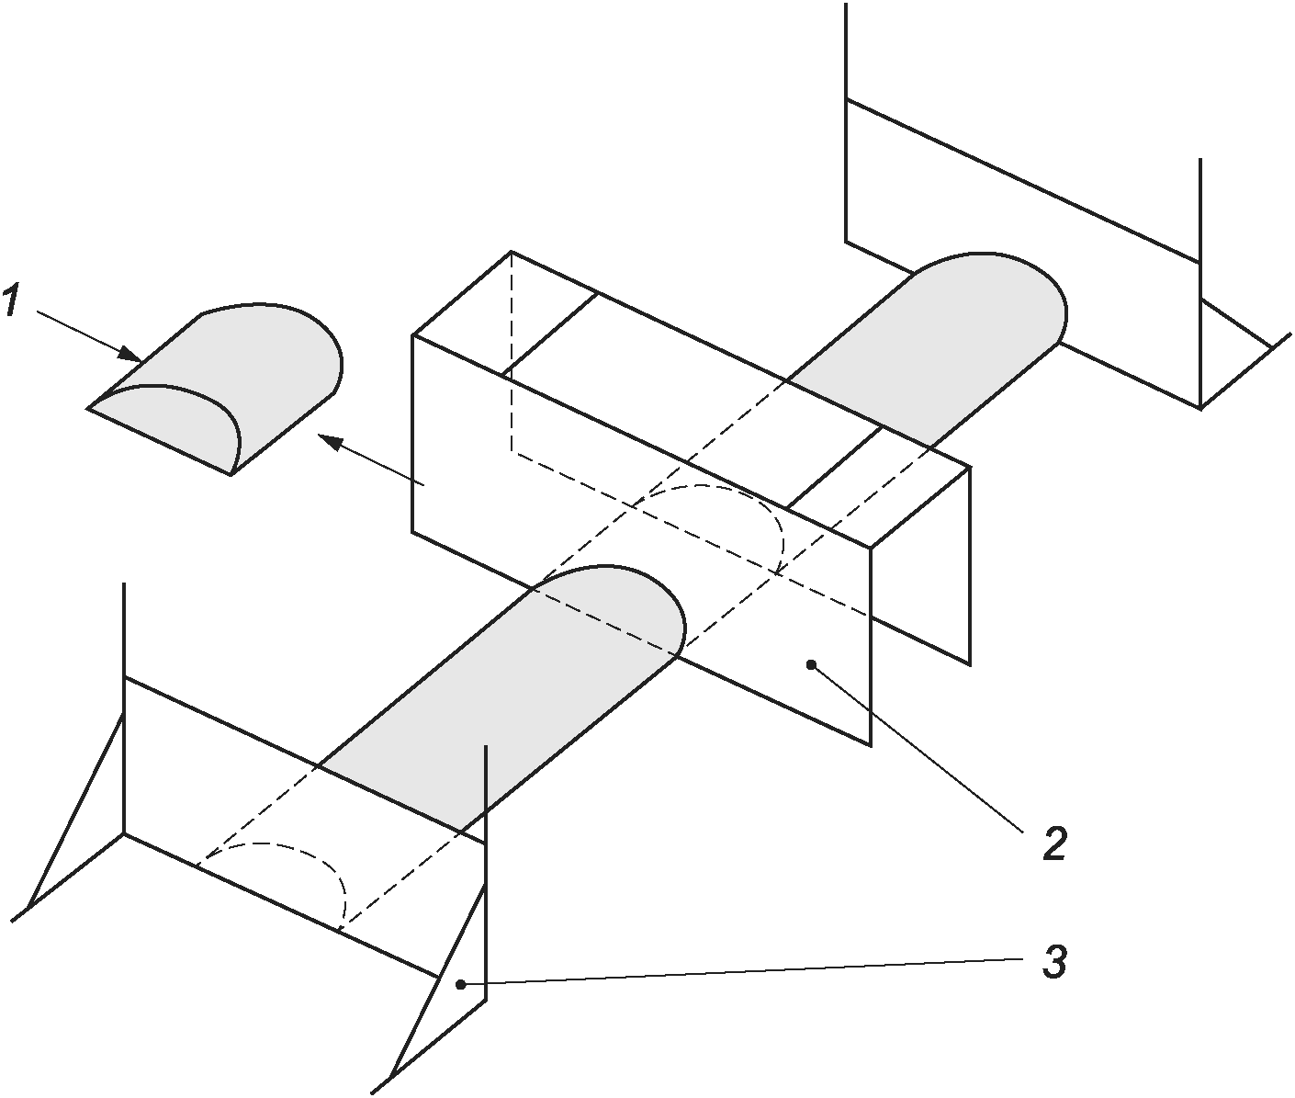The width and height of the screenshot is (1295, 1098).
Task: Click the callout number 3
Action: [x=1053, y=963]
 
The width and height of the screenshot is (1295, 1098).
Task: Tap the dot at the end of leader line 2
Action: [x=811, y=664]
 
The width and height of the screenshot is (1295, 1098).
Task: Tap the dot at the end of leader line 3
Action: [x=460, y=985]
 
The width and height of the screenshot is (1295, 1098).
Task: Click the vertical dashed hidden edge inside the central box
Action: [x=512, y=351]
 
